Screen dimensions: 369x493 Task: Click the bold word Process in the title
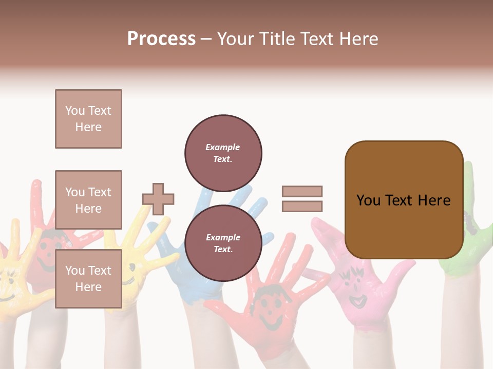(x=161, y=39)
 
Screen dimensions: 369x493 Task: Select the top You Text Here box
(x=88, y=119)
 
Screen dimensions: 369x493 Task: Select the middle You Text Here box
(x=88, y=200)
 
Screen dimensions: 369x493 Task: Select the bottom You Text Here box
(x=88, y=279)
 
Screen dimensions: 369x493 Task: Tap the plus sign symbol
(x=158, y=199)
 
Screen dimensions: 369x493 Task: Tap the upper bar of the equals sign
(x=302, y=191)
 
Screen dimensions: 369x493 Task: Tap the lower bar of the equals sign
(x=302, y=207)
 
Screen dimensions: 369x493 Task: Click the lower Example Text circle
(x=223, y=243)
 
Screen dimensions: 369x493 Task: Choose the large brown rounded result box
(x=404, y=200)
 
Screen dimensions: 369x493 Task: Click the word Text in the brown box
(x=403, y=200)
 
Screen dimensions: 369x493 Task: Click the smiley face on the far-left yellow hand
(x=8, y=287)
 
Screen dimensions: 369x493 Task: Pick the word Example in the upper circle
(x=223, y=147)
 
